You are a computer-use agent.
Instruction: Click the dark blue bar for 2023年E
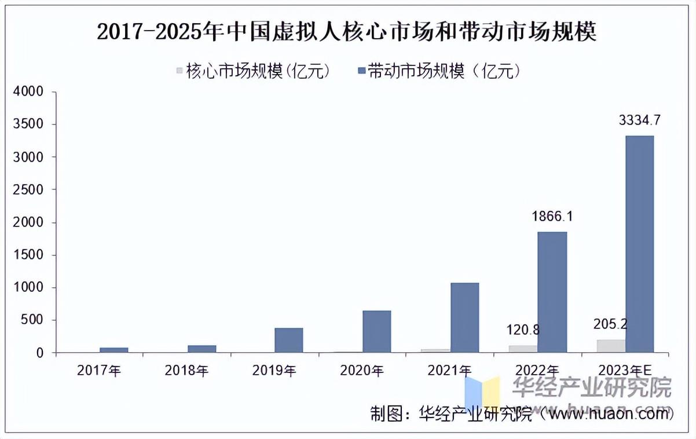639,244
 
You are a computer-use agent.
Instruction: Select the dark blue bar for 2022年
552,292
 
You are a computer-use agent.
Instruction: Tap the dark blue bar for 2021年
464,317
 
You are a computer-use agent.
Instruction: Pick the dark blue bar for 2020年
376,331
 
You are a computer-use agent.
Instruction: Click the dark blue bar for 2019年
288,340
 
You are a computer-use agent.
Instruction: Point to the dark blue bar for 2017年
113,350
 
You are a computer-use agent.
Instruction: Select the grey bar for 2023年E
610,346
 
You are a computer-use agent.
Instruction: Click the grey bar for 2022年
523,349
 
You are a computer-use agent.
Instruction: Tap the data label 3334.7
639,120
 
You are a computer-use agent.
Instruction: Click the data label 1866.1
552,217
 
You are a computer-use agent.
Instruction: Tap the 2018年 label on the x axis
186,371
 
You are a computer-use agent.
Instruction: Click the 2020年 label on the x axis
362,371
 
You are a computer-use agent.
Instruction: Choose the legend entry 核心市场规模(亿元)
254,71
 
